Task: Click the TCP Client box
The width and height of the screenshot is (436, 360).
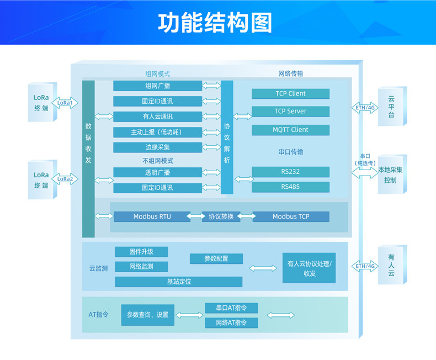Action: tap(290, 94)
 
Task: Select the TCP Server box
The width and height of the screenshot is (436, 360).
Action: tap(290, 112)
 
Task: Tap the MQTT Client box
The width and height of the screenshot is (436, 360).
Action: tap(290, 130)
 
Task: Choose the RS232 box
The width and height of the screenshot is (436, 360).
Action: tap(290, 172)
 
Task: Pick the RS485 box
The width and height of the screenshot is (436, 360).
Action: tap(290, 187)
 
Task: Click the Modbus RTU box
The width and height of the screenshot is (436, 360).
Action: tap(152, 216)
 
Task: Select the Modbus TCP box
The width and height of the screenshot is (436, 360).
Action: tap(291, 216)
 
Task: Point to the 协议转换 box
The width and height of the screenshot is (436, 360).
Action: tap(221, 216)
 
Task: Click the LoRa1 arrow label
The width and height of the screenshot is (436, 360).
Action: tap(65, 103)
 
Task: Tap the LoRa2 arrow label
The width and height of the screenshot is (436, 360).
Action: tap(65, 179)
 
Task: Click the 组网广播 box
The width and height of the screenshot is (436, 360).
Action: tap(158, 86)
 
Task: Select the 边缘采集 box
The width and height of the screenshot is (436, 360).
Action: tap(158, 147)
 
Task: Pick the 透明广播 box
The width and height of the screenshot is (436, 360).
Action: tap(158, 172)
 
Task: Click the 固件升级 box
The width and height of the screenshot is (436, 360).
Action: tap(141, 252)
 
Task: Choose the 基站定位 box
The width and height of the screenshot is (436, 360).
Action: tap(178, 282)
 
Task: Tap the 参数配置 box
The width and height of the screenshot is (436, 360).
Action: tap(216, 259)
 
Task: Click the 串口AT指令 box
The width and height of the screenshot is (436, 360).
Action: tap(231, 308)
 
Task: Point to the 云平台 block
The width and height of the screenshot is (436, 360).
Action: tap(392, 107)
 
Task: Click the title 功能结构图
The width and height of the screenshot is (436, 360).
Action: tap(215, 23)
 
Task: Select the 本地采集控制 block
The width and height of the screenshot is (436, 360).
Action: tap(392, 174)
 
